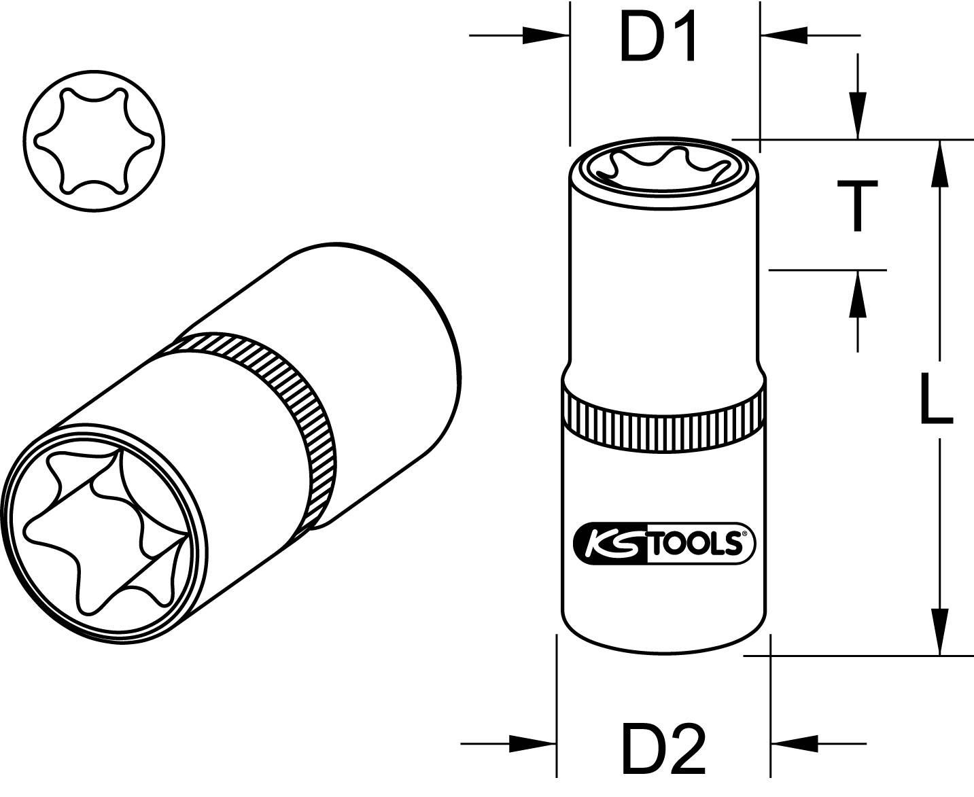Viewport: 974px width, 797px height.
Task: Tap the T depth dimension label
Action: (858, 206)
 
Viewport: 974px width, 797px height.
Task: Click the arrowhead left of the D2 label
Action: (533, 742)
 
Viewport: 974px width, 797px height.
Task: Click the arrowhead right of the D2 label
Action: (795, 742)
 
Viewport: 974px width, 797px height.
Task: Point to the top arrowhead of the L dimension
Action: (940, 163)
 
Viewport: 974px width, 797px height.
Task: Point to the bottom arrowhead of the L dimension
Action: (940, 632)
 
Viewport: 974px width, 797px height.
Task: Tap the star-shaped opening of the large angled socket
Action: (102, 530)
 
